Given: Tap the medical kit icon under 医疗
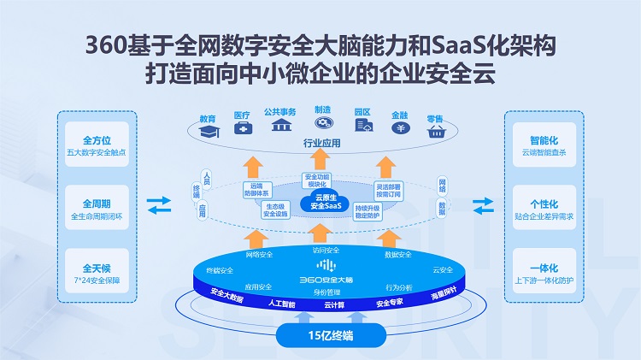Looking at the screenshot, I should pyautogui.click(x=243, y=128).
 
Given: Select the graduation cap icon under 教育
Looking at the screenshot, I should pyautogui.click(x=208, y=131).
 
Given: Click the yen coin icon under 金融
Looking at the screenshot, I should pyautogui.click(x=399, y=128).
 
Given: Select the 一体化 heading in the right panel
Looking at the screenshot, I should pyautogui.click(x=544, y=268).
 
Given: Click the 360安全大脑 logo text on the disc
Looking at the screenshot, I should pyautogui.click(x=320, y=279).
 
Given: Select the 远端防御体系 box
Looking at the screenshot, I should pyautogui.click(x=256, y=189).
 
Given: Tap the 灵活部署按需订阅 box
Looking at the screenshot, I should pyautogui.click(x=389, y=189).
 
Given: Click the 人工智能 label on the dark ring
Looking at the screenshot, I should pyautogui.click(x=281, y=304).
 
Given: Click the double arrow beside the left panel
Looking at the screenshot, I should pyautogui.click(x=158, y=205).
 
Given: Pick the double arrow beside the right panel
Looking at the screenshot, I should pyautogui.click(x=482, y=205).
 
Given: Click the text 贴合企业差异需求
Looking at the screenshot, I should pyautogui.click(x=544, y=218).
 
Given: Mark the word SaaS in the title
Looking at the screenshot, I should pyautogui.click(x=402, y=44).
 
